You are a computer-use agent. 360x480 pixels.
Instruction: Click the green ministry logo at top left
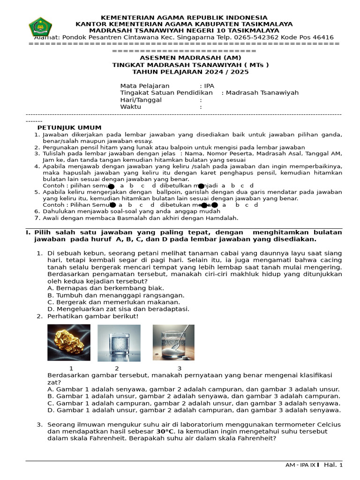[x=40, y=27]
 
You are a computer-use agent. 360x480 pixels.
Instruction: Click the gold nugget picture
[x=69, y=342]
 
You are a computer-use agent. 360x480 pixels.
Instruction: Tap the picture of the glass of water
[x=119, y=343]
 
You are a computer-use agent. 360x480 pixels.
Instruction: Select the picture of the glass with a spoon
[x=173, y=343]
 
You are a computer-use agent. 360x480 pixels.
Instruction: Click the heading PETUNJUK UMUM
[x=69, y=128]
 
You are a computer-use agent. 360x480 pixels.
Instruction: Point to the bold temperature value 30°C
[x=165, y=431]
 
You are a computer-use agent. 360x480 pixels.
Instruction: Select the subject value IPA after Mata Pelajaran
[x=209, y=86]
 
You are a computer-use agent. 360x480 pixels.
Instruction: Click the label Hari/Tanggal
[x=141, y=100]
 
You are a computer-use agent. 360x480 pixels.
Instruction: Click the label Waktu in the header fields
[x=131, y=107]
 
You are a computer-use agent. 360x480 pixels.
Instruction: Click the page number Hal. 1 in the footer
[x=334, y=465]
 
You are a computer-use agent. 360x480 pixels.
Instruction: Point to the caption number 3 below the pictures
[x=179, y=368]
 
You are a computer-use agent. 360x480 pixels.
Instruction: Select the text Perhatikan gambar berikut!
[x=93, y=316]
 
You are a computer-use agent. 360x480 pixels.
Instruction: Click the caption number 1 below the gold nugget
[x=71, y=368]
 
